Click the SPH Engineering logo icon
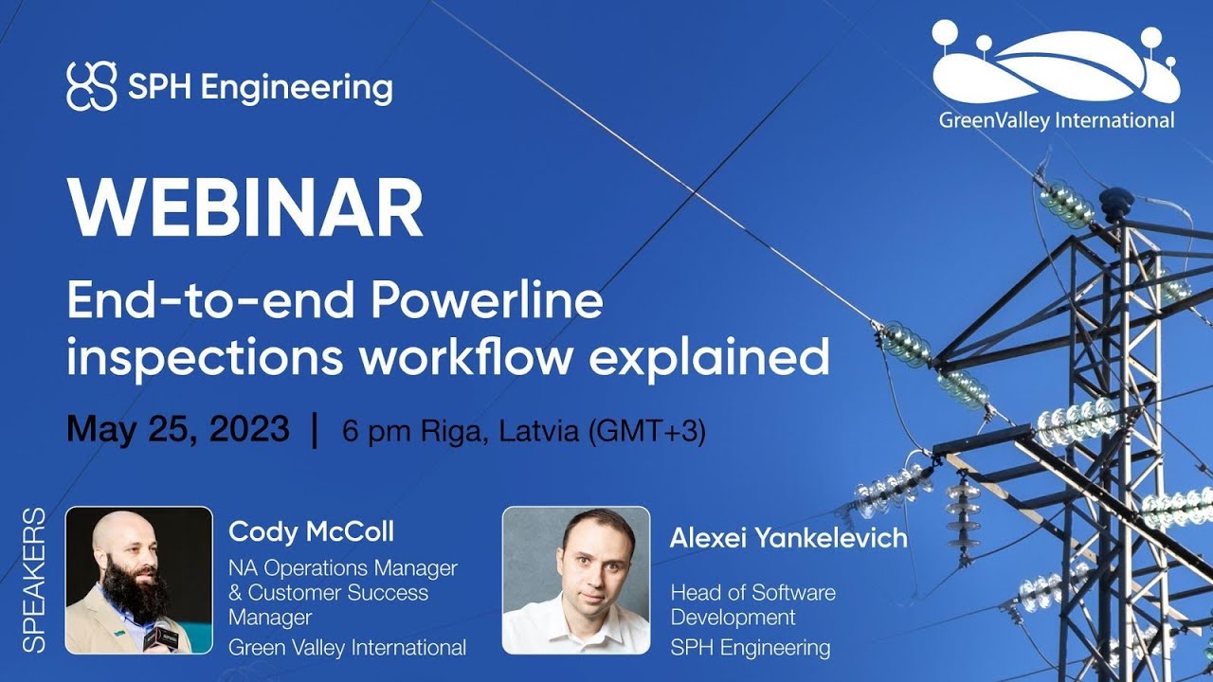click(92, 87)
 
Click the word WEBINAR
click(244, 207)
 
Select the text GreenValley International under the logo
click(1056, 120)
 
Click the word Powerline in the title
click(486, 302)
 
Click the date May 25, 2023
click(177, 429)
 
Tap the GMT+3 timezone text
click(648, 432)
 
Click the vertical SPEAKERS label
click(34, 580)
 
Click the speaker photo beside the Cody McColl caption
click(138, 580)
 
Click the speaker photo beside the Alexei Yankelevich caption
click(575, 580)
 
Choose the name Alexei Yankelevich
click(788, 538)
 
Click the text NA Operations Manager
click(343, 568)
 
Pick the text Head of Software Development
click(753, 604)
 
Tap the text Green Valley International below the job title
click(347, 648)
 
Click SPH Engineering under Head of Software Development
click(750, 648)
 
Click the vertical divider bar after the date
click(315, 430)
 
